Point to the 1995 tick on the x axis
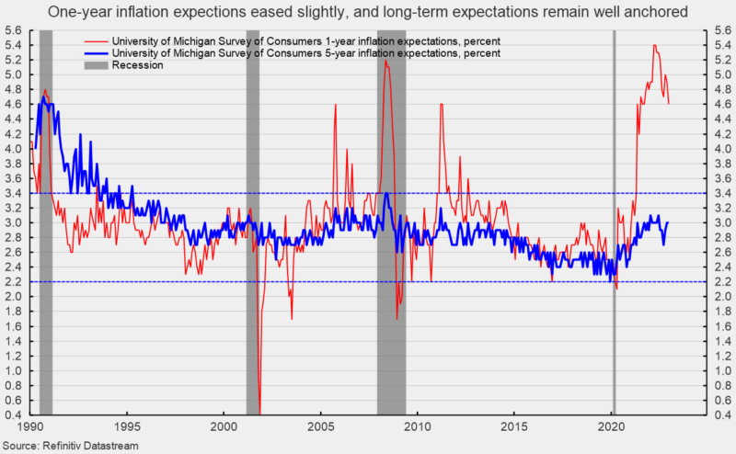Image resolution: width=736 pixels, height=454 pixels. coord(128,427)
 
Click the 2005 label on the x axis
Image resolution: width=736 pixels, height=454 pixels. coord(321,427)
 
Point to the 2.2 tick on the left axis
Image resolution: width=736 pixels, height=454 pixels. coord(15,281)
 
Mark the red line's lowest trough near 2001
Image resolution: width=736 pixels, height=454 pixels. coord(260,412)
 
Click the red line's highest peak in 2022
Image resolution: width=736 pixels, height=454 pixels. coord(654,45)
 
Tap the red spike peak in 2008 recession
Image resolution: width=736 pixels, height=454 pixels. coord(385,61)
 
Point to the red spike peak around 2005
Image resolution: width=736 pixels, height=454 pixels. coord(335,105)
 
